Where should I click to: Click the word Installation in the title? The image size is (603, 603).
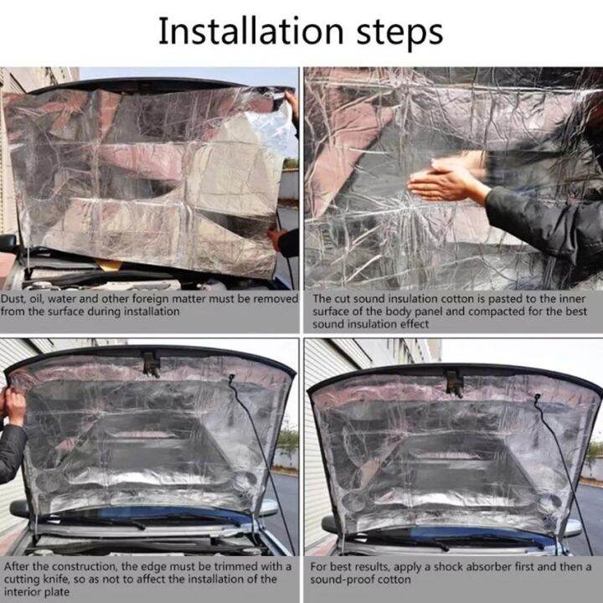pyautogui.click(x=249, y=33)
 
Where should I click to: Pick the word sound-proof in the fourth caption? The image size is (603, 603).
pyautogui.click(x=342, y=579)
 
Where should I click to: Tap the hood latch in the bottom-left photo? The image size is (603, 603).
pyautogui.click(x=151, y=363)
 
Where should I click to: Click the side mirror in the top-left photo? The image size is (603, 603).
pyautogui.click(x=8, y=243)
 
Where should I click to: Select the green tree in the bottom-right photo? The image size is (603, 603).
pyautogui.click(x=593, y=453)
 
